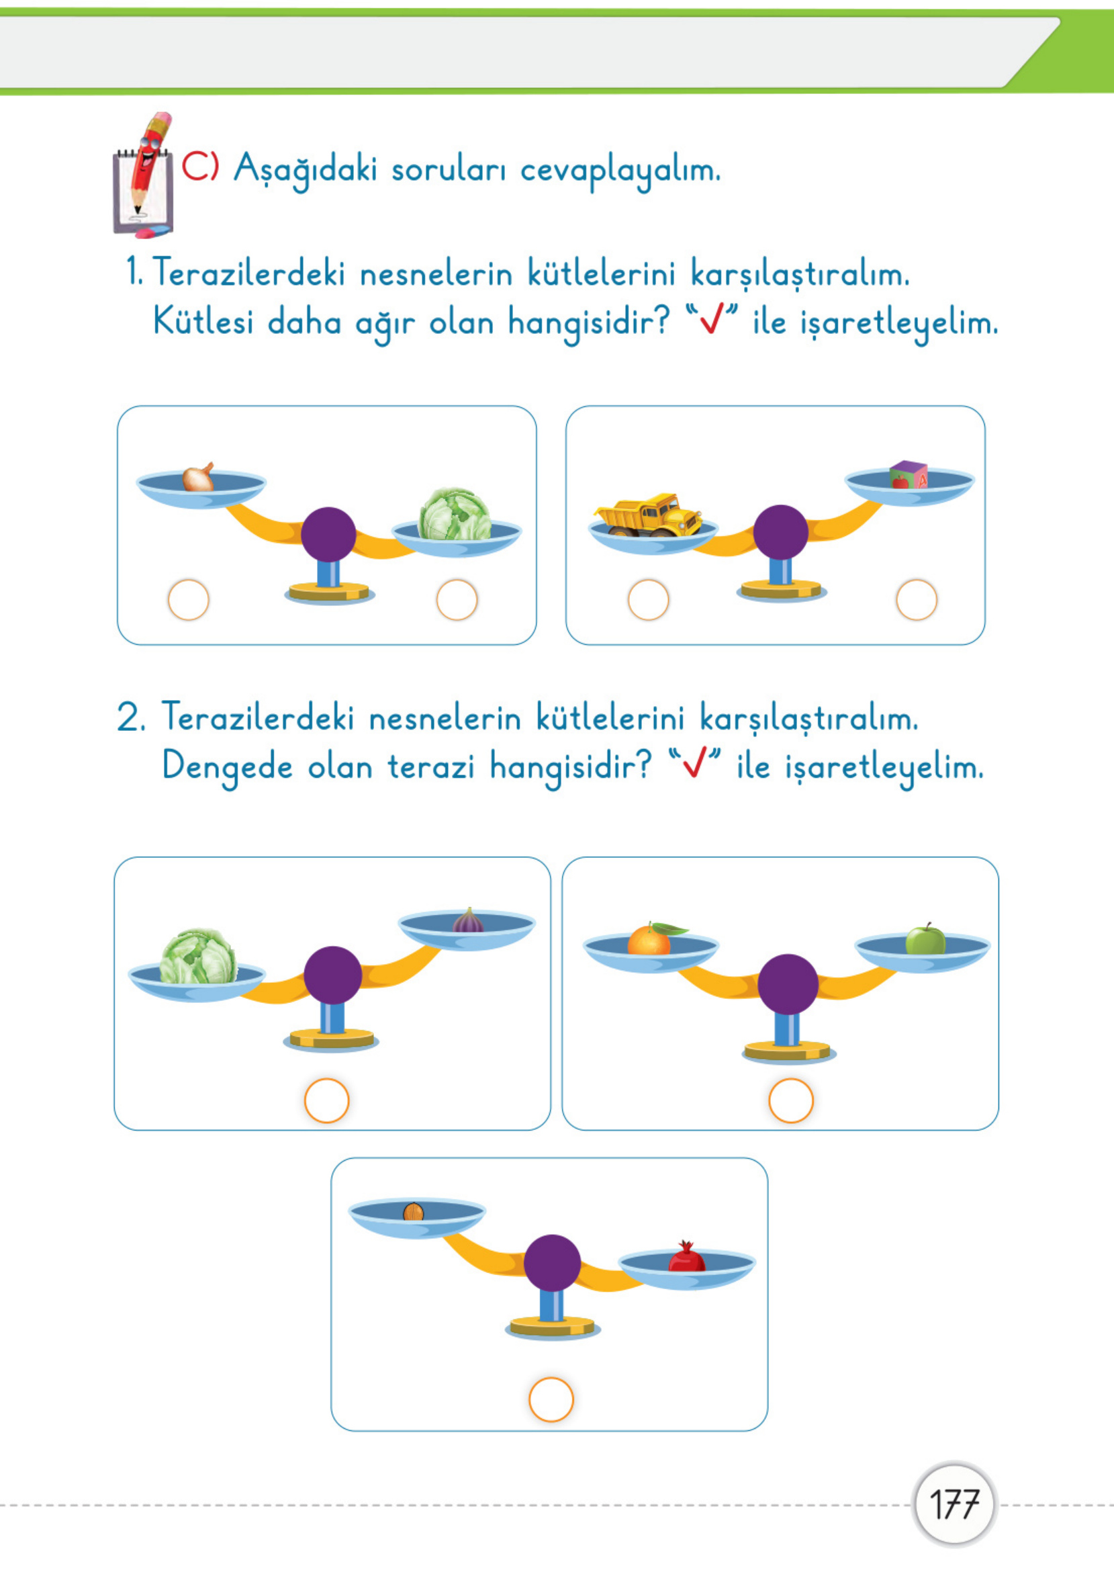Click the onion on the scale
click(198, 478)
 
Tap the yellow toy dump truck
click(648, 514)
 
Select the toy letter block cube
click(909, 474)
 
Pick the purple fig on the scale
click(469, 921)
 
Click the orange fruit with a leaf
click(649, 939)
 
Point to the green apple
click(925, 940)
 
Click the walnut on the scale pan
click(413, 1212)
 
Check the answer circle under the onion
click(189, 600)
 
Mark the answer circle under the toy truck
click(648, 600)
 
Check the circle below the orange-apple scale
click(791, 1100)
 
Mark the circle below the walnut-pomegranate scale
click(551, 1399)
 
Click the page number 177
click(954, 1505)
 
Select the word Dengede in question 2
click(227, 767)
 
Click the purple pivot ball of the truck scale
click(781, 532)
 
